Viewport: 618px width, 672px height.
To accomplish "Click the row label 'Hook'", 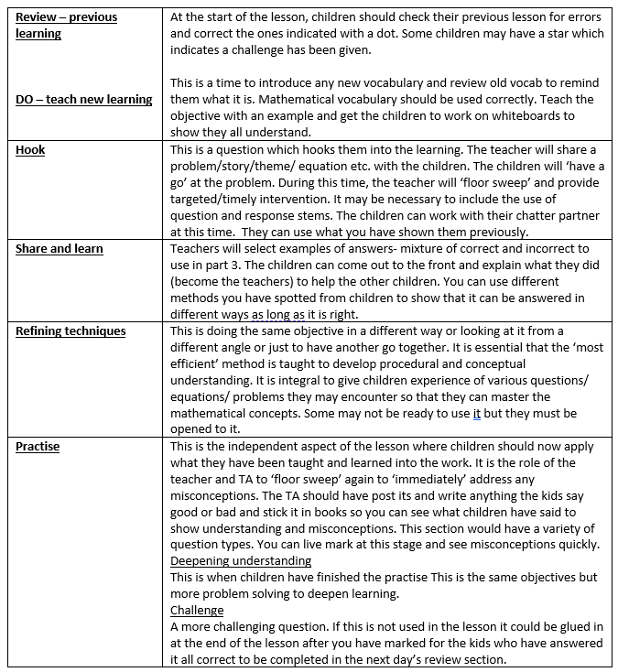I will [x=30, y=149].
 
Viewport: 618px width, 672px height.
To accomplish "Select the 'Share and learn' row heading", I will [x=60, y=248].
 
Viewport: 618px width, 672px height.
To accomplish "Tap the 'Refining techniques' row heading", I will [x=70, y=331].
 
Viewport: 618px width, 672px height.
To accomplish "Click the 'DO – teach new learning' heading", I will [x=84, y=99].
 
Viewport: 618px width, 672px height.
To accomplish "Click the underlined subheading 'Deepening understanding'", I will [x=241, y=560].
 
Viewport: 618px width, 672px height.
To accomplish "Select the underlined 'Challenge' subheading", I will [x=197, y=610].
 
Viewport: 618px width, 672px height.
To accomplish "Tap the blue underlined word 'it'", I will [x=476, y=413].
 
